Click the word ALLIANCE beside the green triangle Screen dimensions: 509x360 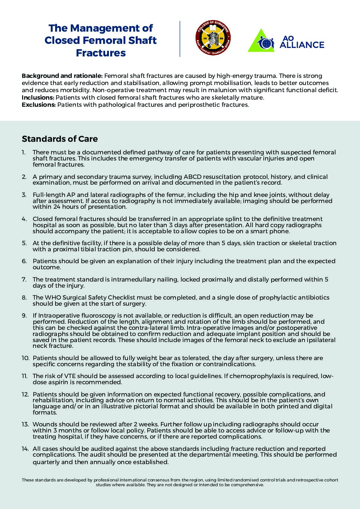coord(302,45)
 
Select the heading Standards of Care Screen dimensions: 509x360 coord(60,139)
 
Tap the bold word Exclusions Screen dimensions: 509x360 coord(38,105)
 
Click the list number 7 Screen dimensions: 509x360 coord(24,279)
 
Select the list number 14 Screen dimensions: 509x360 coord(25,449)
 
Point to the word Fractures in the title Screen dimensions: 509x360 coord(101,53)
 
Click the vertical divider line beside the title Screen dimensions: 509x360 coord(180,39)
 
